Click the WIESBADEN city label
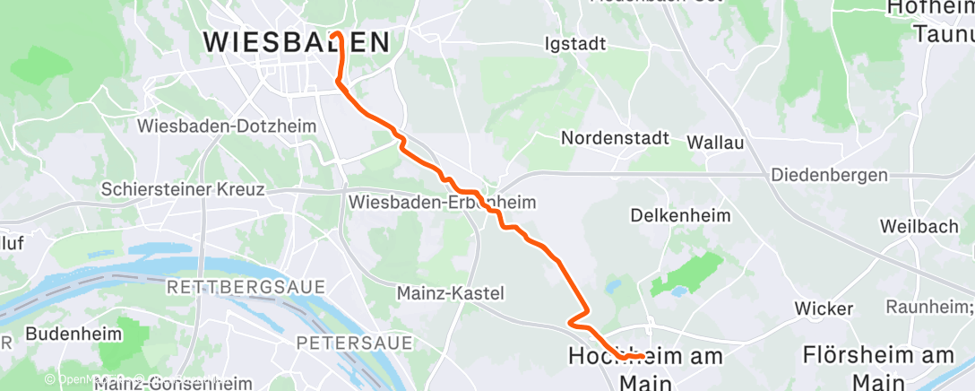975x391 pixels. click(x=297, y=42)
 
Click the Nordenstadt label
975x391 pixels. click(x=615, y=139)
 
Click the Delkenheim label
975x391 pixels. click(x=680, y=216)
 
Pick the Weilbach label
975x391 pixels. click(x=919, y=227)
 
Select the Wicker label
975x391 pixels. click(x=824, y=308)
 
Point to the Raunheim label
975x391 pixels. click(x=928, y=308)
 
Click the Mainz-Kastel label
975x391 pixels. click(x=450, y=293)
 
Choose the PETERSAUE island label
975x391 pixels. click(x=354, y=343)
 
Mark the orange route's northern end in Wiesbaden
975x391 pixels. click(x=335, y=34)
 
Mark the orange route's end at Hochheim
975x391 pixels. click(x=643, y=357)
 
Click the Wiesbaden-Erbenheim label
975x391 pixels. click(x=442, y=203)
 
